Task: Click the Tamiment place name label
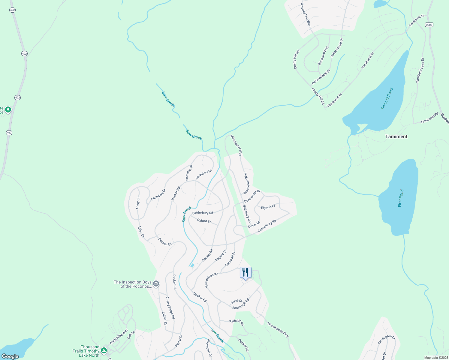[x=396, y=136]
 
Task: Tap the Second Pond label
[x=387, y=98]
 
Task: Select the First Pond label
[x=401, y=198]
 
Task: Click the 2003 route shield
[x=429, y=25]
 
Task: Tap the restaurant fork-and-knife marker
[x=246, y=272]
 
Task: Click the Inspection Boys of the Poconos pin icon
[x=156, y=284]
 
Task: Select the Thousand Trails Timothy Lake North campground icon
[x=104, y=350]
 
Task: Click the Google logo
[x=10, y=356]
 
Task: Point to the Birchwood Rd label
[x=323, y=55]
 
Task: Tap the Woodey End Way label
[x=306, y=15]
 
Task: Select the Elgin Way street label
[x=268, y=207]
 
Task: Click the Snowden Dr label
[x=189, y=173]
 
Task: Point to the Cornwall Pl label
[x=230, y=259]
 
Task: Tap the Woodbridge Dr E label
[x=278, y=330]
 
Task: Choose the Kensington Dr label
[x=386, y=340]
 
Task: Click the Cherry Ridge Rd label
[x=170, y=308]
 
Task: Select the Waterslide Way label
[x=118, y=336]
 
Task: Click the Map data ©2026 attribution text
[x=436, y=358]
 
